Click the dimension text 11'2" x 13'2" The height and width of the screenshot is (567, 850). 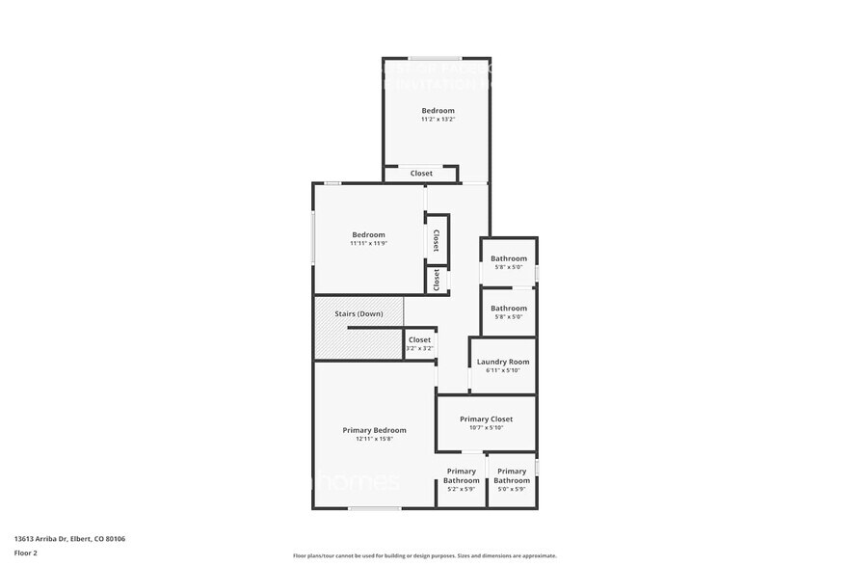point(438,120)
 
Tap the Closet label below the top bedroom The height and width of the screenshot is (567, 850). point(421,174)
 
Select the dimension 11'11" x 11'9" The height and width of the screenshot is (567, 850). point(368,243)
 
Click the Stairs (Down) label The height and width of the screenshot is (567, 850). point(359,314)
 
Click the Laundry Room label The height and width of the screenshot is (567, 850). point(502,362)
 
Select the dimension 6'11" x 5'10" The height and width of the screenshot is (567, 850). point(502,370)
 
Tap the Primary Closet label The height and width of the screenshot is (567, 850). point(486,419)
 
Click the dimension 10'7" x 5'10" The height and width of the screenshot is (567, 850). point(486,428)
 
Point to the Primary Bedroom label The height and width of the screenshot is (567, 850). point(374,430)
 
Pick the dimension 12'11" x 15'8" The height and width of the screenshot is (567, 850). point(374,439)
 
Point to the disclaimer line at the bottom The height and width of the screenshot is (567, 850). point(424,555)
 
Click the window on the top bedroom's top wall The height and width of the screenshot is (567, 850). point(434,59)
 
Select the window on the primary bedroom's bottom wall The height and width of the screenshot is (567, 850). point(374,508)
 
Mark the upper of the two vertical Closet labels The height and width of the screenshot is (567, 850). point(437,239)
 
